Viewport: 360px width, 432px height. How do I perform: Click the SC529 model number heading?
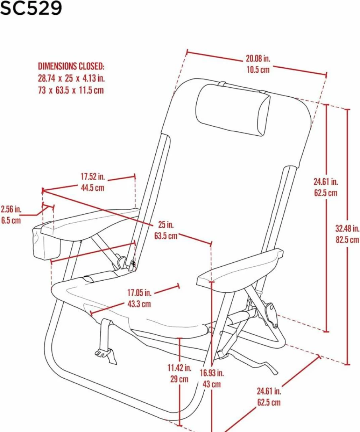(31, 8)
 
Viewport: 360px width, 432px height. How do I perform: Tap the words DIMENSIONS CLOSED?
(71, 66)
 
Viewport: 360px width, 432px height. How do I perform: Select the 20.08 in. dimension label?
(258, 59)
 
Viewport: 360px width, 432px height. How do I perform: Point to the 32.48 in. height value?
(347, 229)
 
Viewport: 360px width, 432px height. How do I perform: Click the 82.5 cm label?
(347, 240)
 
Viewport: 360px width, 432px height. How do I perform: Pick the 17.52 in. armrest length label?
(93, 176)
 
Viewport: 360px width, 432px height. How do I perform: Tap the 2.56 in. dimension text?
(11, 209)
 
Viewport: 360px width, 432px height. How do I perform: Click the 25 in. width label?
(166, 225)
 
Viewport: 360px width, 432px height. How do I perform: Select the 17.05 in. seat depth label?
(139, 293)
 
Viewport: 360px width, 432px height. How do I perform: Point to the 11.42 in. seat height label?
(180, 368)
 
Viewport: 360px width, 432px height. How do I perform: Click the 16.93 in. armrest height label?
(212, 373)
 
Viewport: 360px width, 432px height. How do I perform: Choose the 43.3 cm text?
(139, 304)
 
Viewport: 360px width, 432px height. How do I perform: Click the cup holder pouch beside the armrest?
(46, 242)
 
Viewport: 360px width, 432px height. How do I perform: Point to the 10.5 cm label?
(258, 70)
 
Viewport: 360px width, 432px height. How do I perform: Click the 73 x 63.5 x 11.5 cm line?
(71, 90)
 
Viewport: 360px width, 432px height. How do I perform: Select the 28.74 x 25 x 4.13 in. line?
(71, 78)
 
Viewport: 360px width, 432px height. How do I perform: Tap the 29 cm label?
(180, 379)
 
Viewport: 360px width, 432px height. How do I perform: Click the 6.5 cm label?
(11, 221)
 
